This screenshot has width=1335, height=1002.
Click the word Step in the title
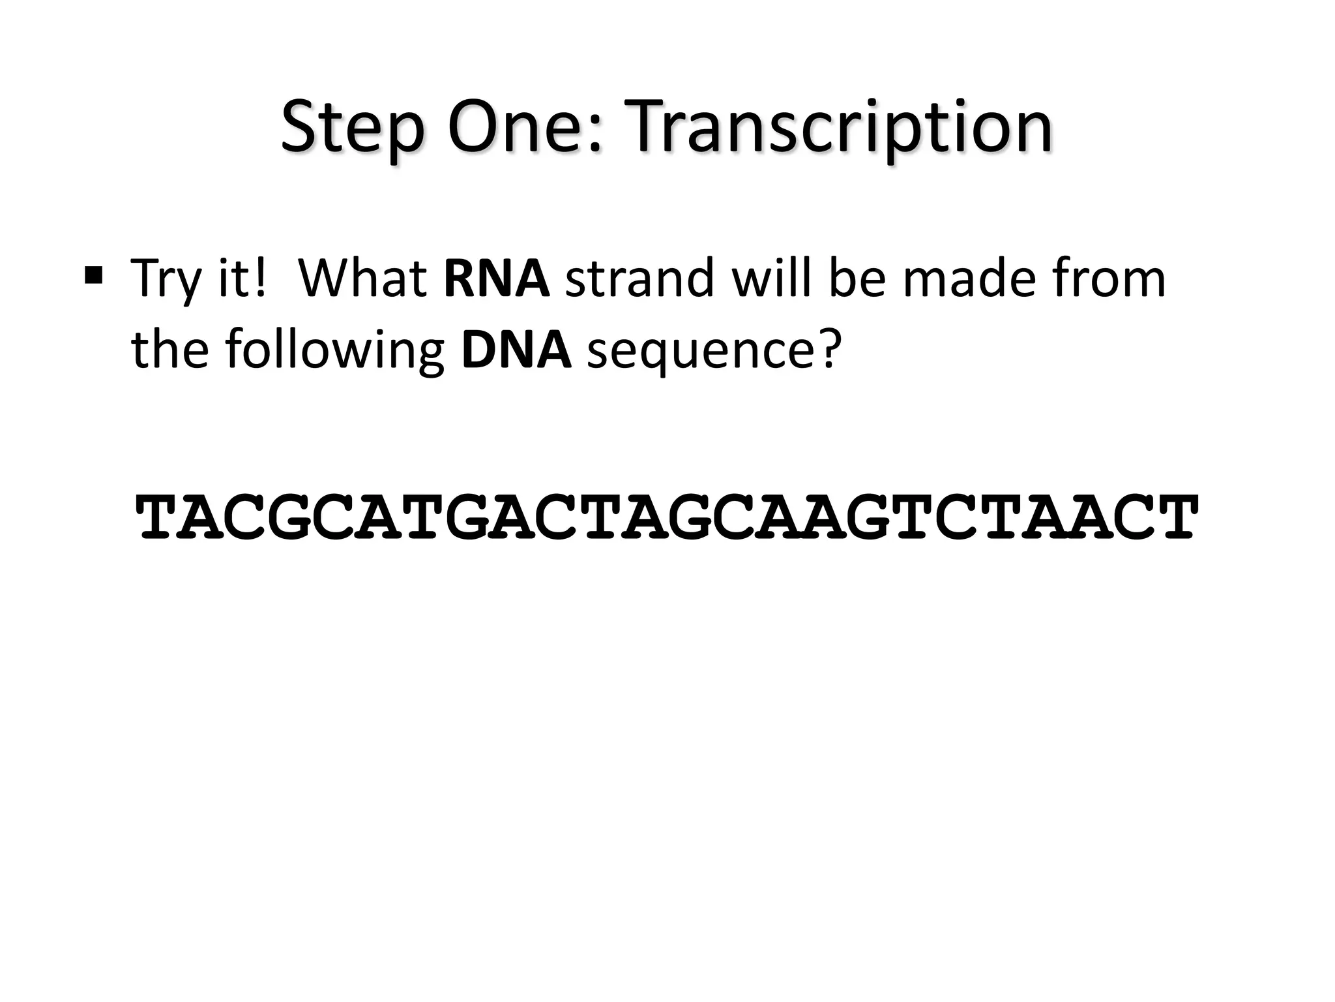[352, 128]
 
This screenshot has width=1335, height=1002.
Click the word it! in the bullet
[241, 279]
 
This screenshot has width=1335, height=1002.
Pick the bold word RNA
[497, 279]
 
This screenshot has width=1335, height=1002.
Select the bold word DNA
[516, 350]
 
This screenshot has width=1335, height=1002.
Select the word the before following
[171, 350]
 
